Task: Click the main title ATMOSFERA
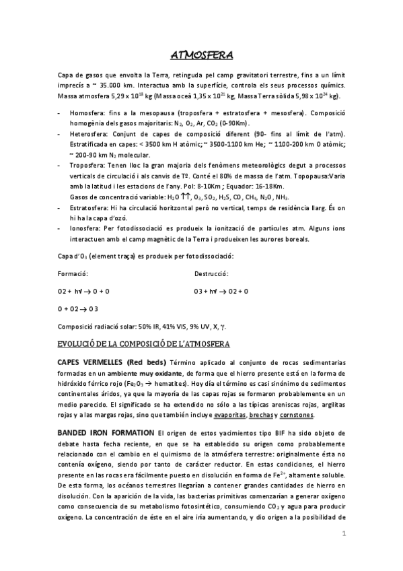202,55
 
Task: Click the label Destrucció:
211,274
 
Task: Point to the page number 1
343,535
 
